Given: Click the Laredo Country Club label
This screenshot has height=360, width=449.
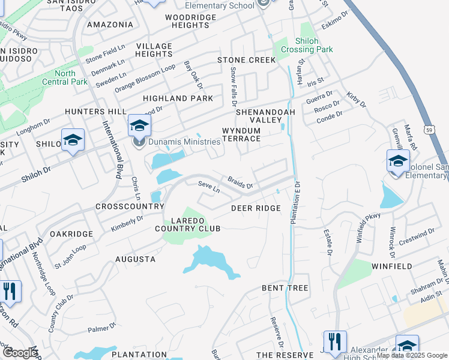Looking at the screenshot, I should click(x=188, y=224).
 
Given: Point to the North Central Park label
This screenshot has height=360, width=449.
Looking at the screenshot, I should click(x=65, y=77).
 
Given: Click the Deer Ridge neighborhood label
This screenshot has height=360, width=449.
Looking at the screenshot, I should click(x=256, y=208).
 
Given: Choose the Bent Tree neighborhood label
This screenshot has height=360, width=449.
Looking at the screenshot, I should click(x=285, y=288).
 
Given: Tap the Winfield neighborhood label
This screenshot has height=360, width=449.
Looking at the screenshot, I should click(x=391, y=266).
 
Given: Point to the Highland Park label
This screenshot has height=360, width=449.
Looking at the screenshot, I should click(x=178, y=98).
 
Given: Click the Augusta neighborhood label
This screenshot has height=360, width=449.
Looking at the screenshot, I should click(x=136, y=259).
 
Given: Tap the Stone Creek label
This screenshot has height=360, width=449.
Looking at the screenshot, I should click(x=246, y=60).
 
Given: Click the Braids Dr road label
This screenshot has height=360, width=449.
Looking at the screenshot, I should click(x=240, y=181).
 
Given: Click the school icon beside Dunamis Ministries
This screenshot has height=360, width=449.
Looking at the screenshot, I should click(x=139, y=125).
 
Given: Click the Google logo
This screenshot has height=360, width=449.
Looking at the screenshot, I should click(x=19, y=353).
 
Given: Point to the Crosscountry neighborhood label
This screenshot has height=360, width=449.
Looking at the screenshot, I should click(x=130, y=206).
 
